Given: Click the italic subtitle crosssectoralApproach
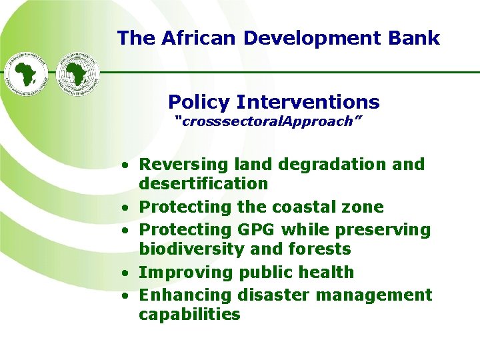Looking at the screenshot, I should (x=269, y=121).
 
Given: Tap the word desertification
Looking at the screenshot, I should (x=203, y=183).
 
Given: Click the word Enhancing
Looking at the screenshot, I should (x=183, y=295).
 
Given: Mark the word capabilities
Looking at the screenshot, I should (x=189, y=314).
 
